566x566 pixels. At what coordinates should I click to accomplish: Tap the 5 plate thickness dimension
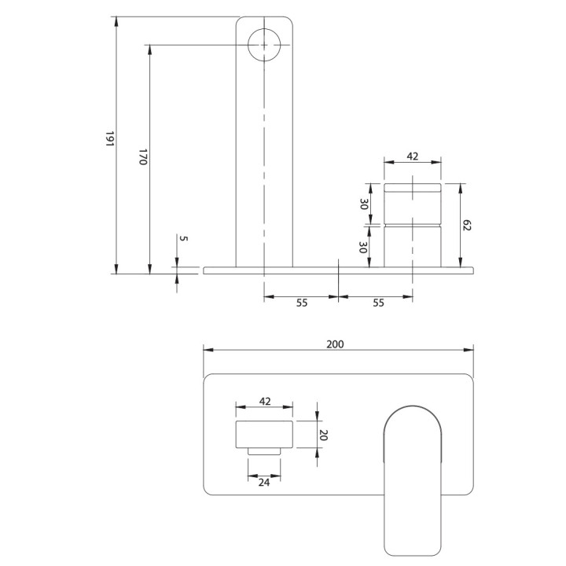(x=183, y=238)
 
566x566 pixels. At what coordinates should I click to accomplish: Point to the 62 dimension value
(x=466, y=226)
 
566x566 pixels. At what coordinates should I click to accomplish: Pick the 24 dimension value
(x=265, y=484)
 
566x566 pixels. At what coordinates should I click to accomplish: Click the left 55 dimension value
(x=301, y=303)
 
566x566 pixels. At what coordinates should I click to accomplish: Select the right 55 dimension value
(x=377, y=303)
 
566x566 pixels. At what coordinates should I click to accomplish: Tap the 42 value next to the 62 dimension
(x=413, y=156)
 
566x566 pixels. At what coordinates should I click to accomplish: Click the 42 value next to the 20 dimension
(x=265, y=401)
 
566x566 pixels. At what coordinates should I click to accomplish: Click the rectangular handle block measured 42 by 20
(x=265, y=434)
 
